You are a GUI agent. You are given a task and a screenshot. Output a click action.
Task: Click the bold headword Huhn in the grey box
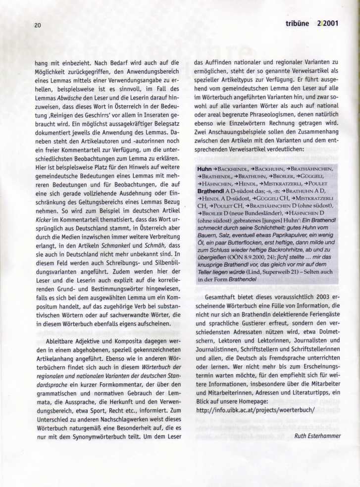[x=204, y=169]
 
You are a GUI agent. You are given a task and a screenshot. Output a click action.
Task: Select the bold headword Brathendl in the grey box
[x=210, y=190]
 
